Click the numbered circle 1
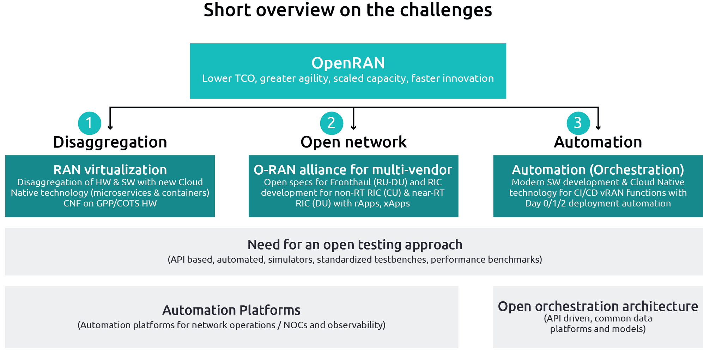89,123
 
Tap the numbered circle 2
331,123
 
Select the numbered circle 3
578,123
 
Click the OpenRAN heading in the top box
348,63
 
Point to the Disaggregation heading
110,142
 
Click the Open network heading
353,142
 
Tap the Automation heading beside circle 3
598,142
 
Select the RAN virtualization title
110,170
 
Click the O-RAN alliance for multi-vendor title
353,170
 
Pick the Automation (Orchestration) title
598,170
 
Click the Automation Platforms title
231,310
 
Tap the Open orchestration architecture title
598,306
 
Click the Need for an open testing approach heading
355,245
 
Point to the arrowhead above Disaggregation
110,127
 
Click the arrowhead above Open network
353,127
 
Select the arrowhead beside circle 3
598,127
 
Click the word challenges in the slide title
446,10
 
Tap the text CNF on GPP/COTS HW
110,203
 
